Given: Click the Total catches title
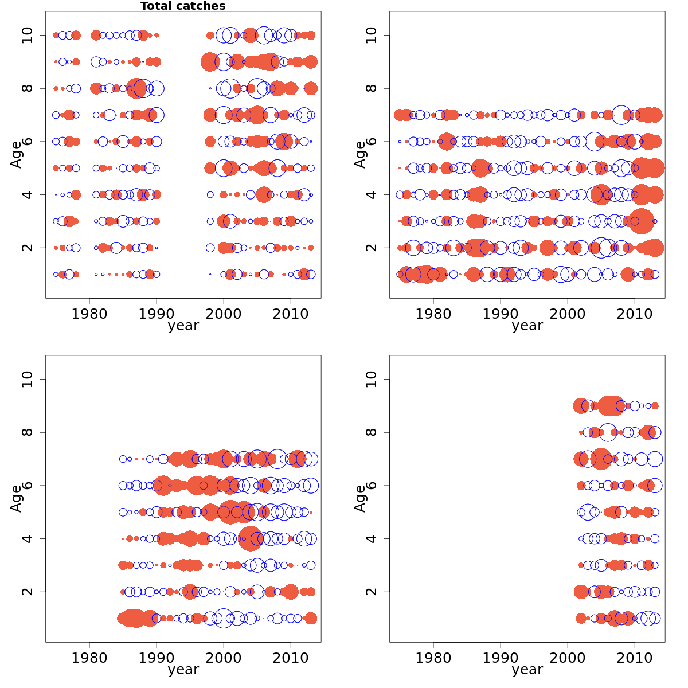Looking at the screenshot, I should click(x=183, y=6).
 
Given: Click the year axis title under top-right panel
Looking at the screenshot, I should click(x=527, y=326).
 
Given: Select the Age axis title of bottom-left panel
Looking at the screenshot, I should click(x=16, y=498).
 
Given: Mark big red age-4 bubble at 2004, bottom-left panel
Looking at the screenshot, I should click(x=251, y=538).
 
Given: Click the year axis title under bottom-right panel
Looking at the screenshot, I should click(x=527, y=670).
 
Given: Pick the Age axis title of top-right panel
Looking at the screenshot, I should click(x=360, y=154).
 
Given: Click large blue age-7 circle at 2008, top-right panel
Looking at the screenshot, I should click(x=621, y=115).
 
